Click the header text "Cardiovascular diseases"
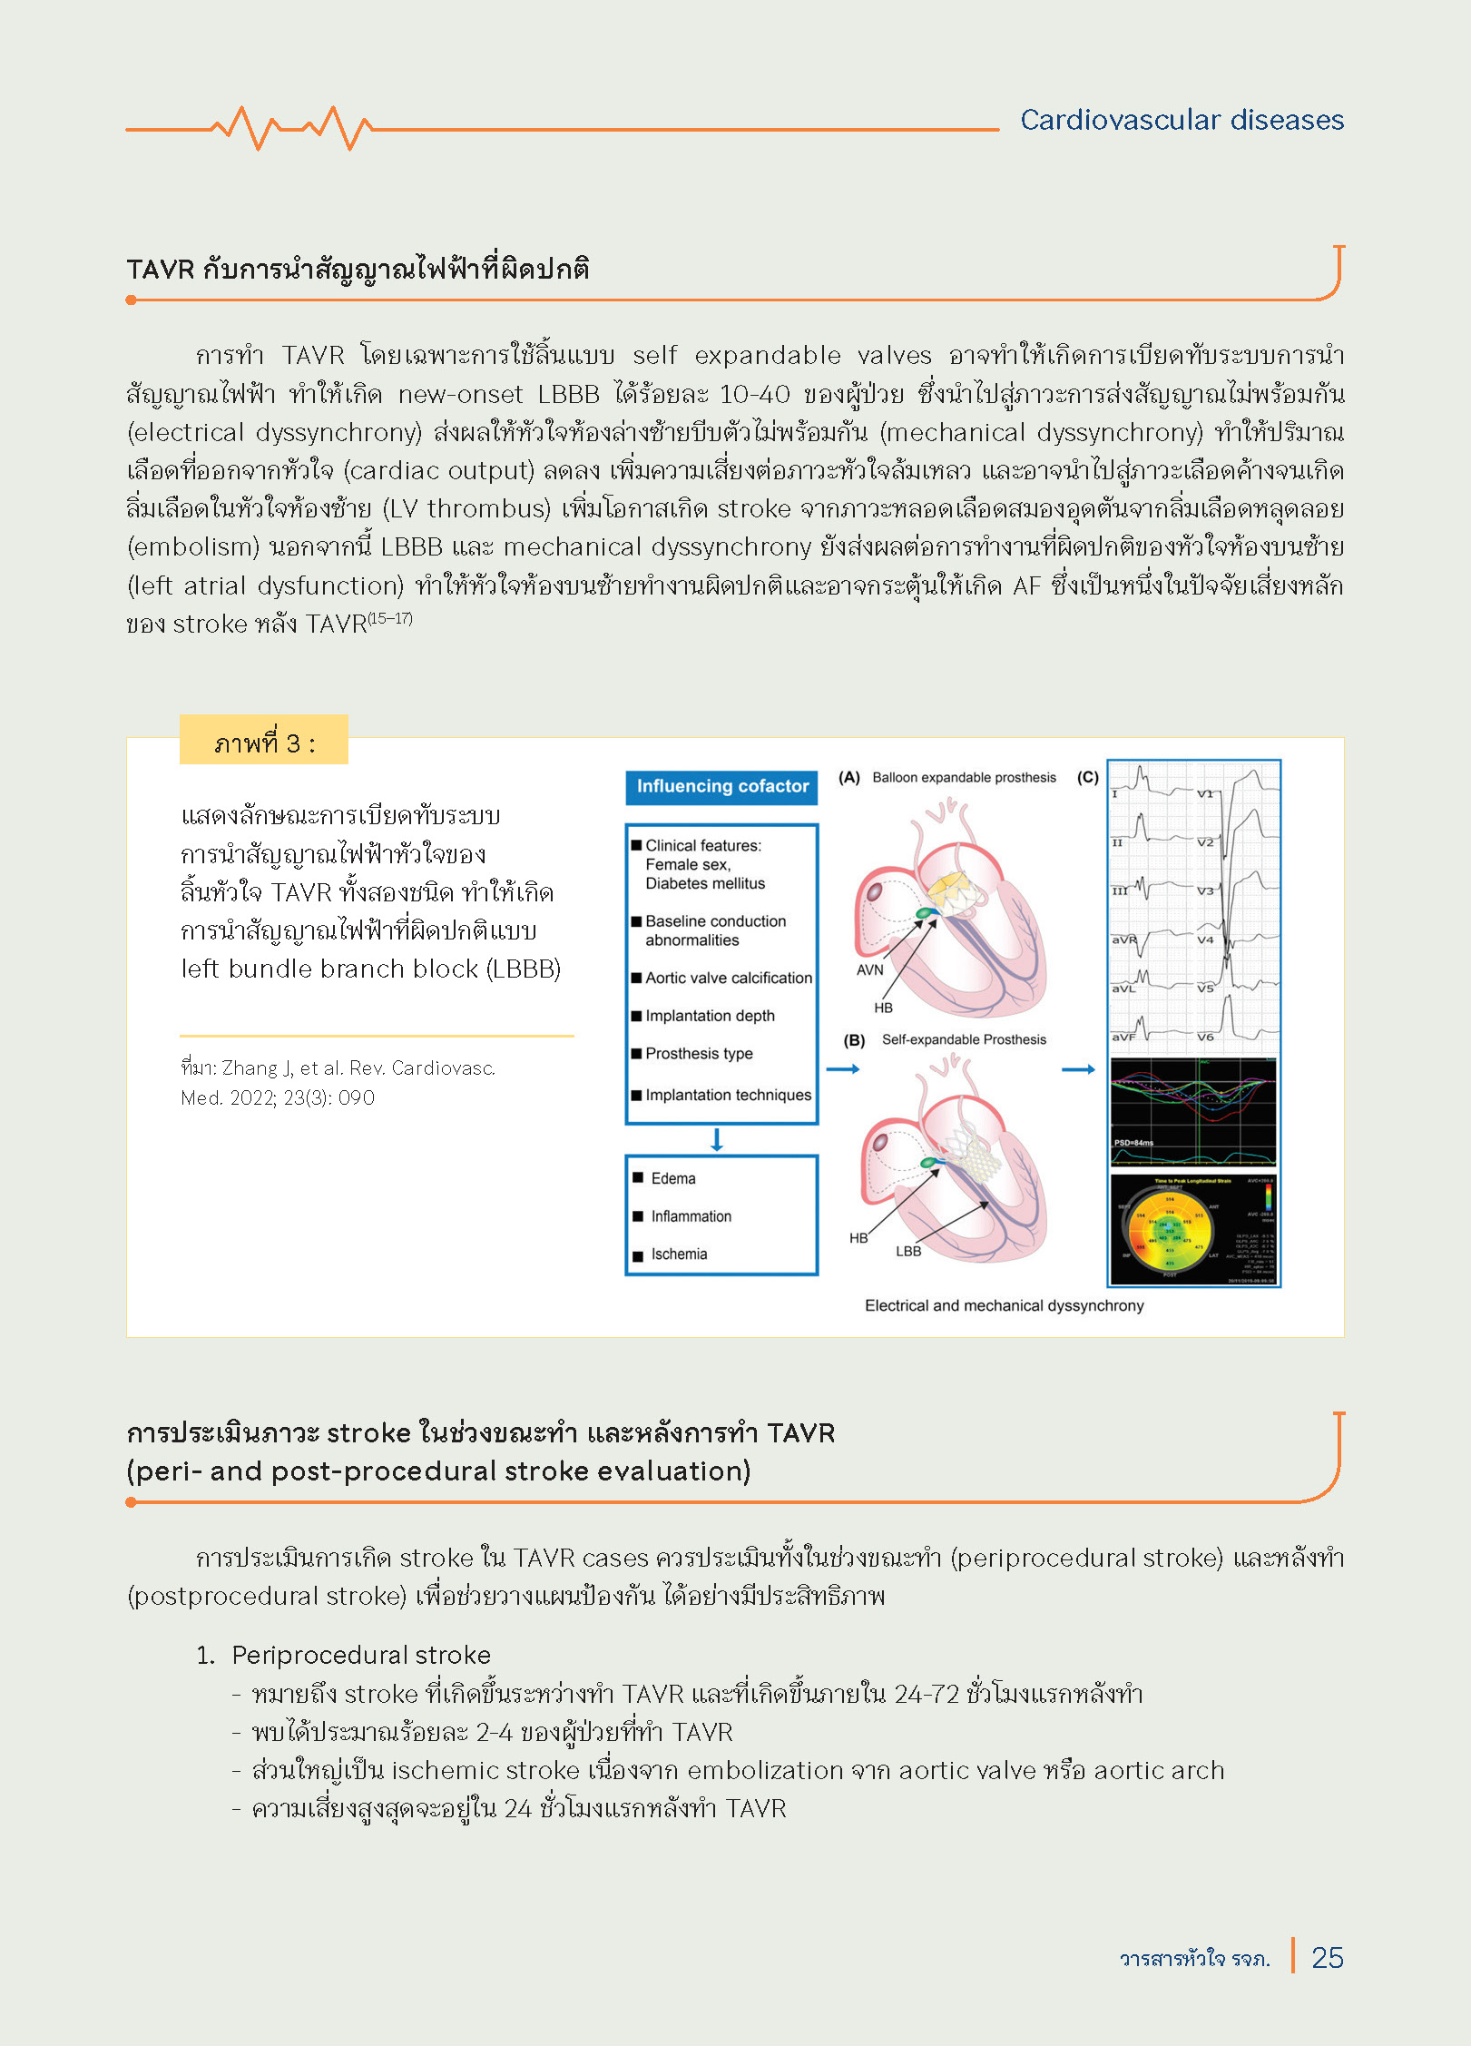[1182, 120]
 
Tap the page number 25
[1327, 1958]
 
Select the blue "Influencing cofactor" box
[721, 787]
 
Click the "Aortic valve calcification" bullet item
[728, 978]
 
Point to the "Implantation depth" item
[710, 1016]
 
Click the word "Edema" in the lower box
[673, 1178]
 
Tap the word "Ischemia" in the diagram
[679, 1254]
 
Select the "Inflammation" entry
[691, 1216]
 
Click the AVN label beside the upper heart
[869, 969]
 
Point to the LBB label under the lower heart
[908, 1251]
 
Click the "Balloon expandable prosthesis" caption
[964, 778]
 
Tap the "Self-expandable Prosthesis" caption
[964, 1039]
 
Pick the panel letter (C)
[1087, 778]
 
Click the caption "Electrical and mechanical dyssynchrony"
[1004, 1305]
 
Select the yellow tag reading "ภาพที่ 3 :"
[264, 743]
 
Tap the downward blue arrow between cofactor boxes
[717, 1140]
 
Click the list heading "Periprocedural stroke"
[361, 1655]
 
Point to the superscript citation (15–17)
[390, 618]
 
